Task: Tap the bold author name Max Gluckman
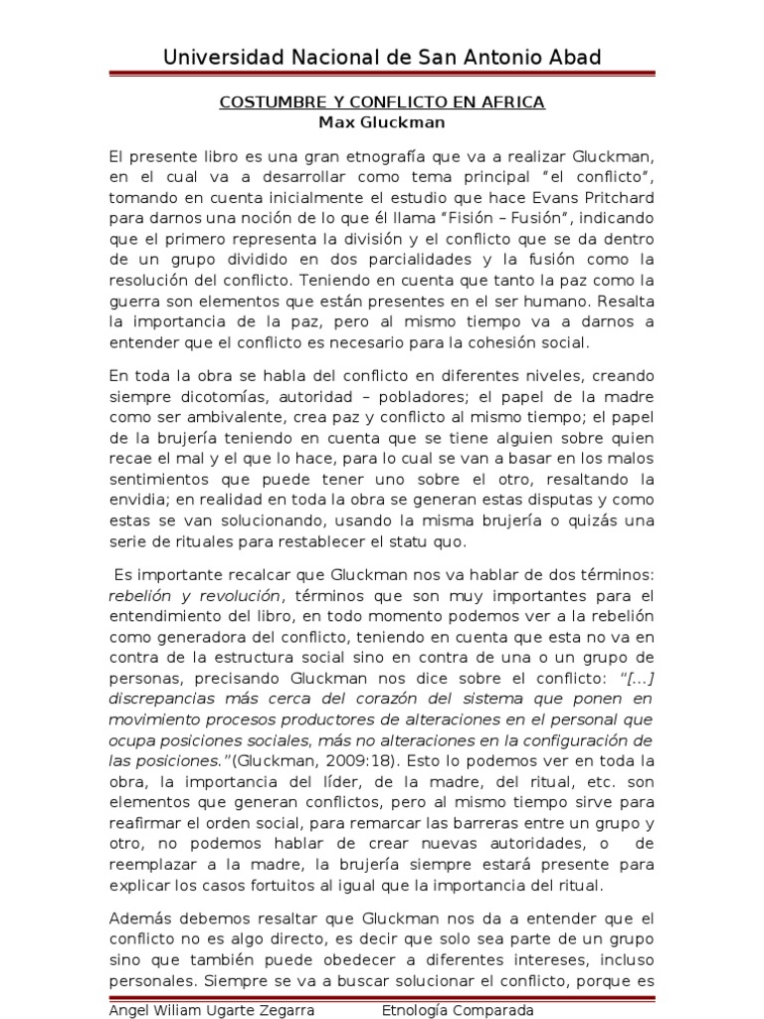pyautogui.click(x=382, y=123)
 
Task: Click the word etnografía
pyautogui.click(x=347, y=157)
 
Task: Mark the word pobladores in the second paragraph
pyautogui.click(x=381, y=395)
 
